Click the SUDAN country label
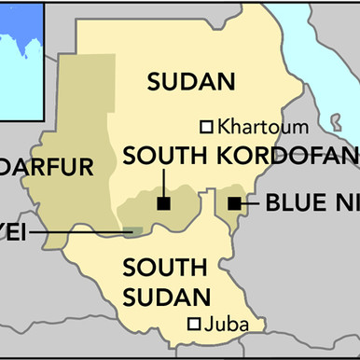click(190, 82)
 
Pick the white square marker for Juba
click(195, 324)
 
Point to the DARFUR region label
click(47, 168)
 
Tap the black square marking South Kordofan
click(162, 202)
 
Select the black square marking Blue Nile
click(234, 201)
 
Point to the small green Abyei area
click(134, 230)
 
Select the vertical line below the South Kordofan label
click(162, 182)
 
